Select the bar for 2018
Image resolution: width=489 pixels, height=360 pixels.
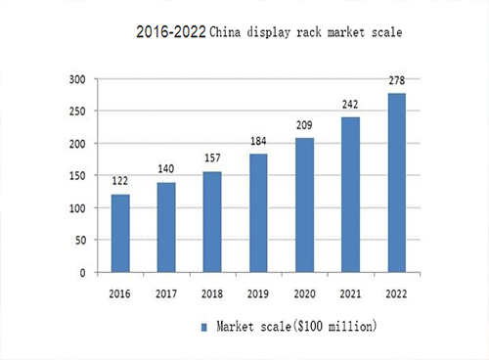click(212, 222)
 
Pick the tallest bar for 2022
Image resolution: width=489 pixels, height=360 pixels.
click(397, 183)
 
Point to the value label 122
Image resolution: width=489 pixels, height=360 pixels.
click(119, 181)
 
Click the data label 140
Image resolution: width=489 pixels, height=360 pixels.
click(166, 169)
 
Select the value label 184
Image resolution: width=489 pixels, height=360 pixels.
click(258, 141)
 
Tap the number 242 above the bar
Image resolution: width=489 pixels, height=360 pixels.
click(350, 104)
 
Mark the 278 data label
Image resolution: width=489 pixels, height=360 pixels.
click(396, 80)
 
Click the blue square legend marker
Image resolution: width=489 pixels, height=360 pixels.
click(203, 325)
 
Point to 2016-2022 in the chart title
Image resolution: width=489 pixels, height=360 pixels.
click(171, 32)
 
